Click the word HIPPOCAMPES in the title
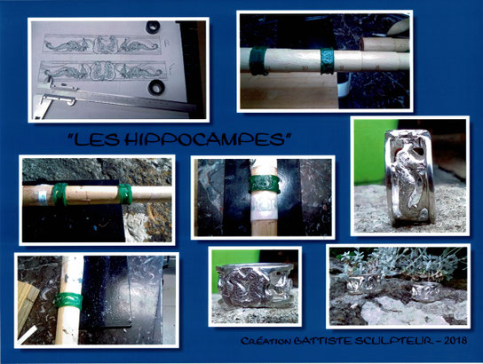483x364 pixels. coord(204,139)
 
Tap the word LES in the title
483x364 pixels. coord(97,139)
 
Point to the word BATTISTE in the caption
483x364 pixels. coord(322,341)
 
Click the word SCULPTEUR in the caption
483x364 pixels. coord(392,341)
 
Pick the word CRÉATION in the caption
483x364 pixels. coord(265,341)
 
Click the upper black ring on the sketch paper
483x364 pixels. coord(153,28)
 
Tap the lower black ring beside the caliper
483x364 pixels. coord(156,87)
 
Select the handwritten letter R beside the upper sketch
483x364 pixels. coord(167,44)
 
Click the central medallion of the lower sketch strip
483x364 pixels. coord(103,70)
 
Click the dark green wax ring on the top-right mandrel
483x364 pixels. coord(258,60)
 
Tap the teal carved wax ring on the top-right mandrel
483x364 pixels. coord(327,61)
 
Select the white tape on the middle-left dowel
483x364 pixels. coord(43,198)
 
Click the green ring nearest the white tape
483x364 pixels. coord(59,194)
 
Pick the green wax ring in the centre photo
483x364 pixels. coord(265,184)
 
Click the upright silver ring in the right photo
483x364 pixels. coord(409,176)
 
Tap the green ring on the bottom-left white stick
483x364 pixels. coord(69,301)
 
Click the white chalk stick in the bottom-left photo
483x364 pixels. coord(28,335)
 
